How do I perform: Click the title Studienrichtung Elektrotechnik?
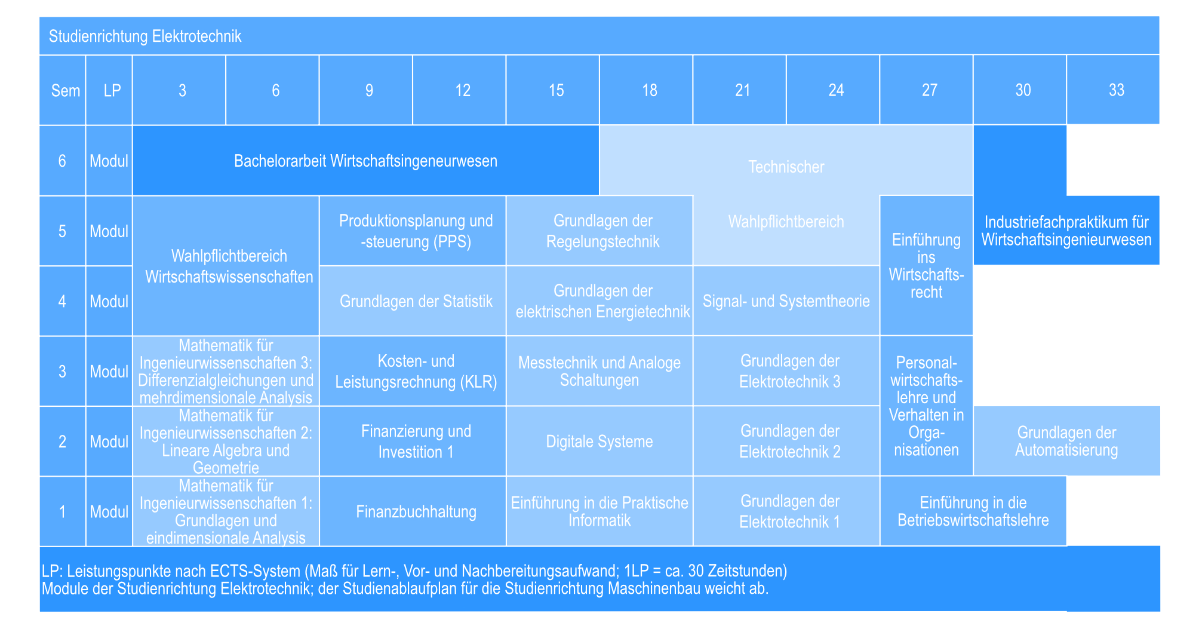145,36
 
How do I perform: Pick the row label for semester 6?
63,161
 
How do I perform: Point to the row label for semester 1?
63,511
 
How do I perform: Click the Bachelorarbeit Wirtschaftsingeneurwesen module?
366,161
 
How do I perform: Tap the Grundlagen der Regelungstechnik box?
599,231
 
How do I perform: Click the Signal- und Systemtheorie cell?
786,300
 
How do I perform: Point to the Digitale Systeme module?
599,441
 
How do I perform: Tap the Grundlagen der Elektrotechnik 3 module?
786,371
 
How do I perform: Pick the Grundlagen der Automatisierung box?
1066,441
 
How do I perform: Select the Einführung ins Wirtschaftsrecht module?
927,266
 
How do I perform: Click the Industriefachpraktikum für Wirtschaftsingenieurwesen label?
1066,231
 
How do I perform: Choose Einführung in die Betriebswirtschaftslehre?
973,511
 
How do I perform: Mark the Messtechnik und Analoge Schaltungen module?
599,371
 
